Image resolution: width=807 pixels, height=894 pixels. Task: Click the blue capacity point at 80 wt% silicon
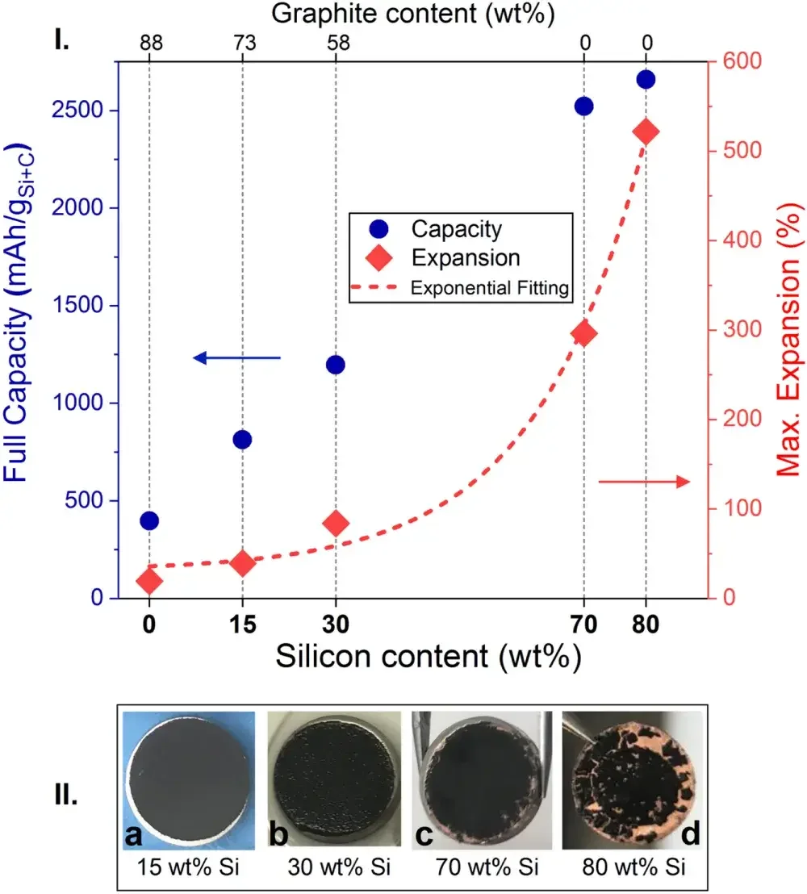pyautogui.click(x=646, y=79)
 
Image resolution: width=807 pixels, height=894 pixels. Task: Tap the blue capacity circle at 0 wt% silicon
pyautogui.click(x=148, y=520)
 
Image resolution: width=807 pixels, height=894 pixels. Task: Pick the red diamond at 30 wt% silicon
pyautogui.click(x=336, y=524)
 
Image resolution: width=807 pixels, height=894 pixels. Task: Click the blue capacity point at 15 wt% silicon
pyautogui.click(x=242, y=439)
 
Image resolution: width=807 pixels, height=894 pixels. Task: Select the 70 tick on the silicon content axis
pyautogui.click(x=583, y=624)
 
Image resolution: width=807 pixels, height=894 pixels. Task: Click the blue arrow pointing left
pyautogui.click(x=236, y=357)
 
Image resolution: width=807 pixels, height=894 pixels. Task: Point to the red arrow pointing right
pyautogui.click(x=644, y=482)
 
